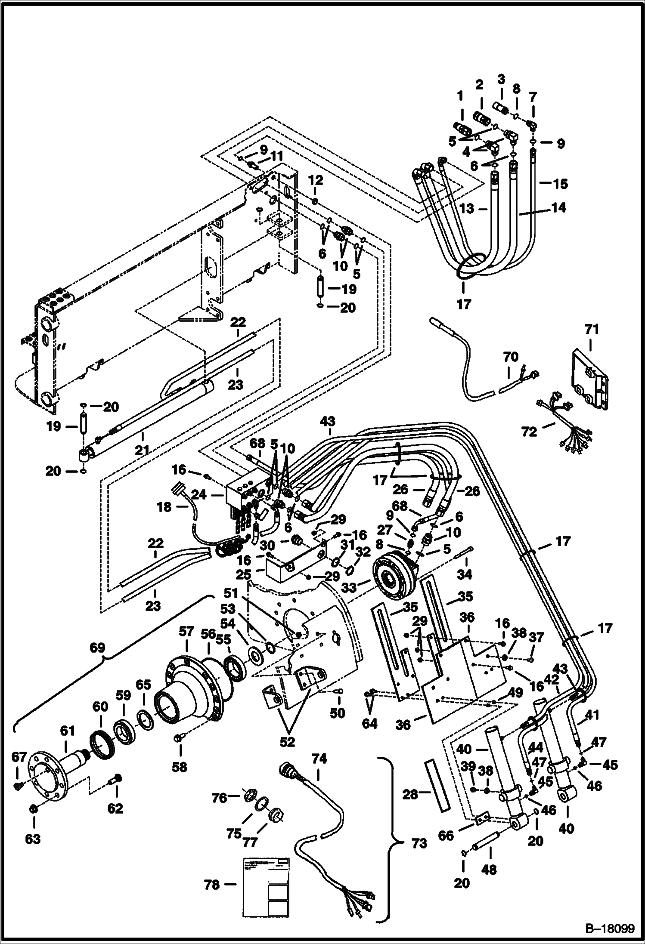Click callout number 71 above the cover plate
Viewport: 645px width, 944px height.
(x=592, y=330)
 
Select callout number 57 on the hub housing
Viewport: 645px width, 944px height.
(x=186, y=632)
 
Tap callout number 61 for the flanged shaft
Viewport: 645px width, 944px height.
(x=68, y=731)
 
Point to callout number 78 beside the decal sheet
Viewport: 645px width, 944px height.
(x=212, y=885)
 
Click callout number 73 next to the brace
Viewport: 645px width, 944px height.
(x=419, y=843)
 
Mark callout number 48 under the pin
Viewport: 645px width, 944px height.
(x=490, y=870)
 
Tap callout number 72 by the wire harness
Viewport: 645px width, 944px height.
(x=529, y=431)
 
